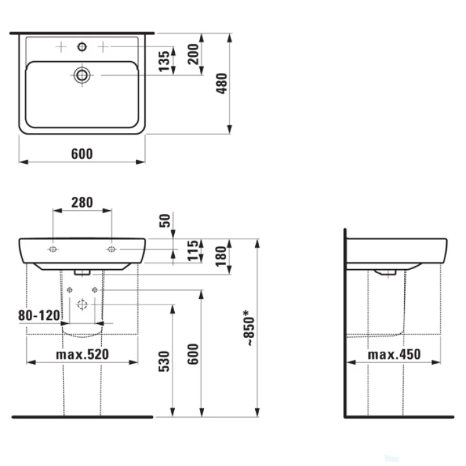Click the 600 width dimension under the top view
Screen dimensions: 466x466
(82, 154)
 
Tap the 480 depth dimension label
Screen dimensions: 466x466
(222, 83)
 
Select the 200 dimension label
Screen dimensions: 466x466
(193, 54)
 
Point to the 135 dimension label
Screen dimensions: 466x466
(164, 61)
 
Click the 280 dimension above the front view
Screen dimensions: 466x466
(82, 202)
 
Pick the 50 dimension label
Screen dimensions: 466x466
(165, 221)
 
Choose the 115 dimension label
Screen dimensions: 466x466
(193, 250)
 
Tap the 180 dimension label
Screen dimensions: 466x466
(221, 256)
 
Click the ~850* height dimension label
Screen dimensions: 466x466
(249, 328)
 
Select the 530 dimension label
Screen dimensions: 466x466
(164, 361)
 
